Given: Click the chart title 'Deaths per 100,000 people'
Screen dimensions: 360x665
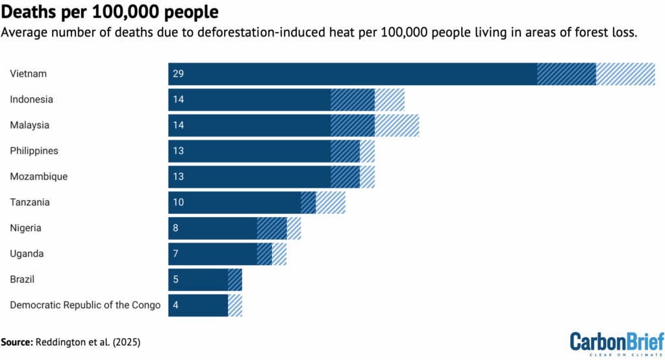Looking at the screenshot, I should [110, 12].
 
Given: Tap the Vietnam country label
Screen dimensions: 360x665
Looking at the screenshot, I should [29, 74].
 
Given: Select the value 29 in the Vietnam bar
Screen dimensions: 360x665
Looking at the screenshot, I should [179, 74].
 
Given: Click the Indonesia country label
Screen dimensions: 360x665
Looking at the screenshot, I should [31, 99].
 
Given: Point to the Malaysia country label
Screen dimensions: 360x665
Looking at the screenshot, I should [29, 125].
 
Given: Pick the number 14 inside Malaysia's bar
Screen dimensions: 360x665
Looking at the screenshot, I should [179, 125].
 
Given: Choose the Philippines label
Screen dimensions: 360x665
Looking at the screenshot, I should [34, 151].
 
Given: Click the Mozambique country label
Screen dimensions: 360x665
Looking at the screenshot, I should [38, 176].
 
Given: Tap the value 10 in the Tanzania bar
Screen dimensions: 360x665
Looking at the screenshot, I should [179, 202].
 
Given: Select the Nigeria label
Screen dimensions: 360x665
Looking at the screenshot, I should [26, 228].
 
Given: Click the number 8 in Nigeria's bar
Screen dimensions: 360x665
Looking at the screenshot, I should [176, 228].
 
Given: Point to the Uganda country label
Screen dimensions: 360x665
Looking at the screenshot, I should [27, 253].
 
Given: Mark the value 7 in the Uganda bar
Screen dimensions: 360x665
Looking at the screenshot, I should [176, 253].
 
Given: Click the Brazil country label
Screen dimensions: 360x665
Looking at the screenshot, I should [22, 279].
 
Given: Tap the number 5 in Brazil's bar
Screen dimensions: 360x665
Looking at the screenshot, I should [176, 279].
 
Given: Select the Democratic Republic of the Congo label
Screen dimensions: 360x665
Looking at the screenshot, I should [85, 305].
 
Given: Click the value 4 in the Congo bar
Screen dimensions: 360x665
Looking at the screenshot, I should [176, 305].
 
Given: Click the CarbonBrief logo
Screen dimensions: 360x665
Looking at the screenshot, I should [617, 342].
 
